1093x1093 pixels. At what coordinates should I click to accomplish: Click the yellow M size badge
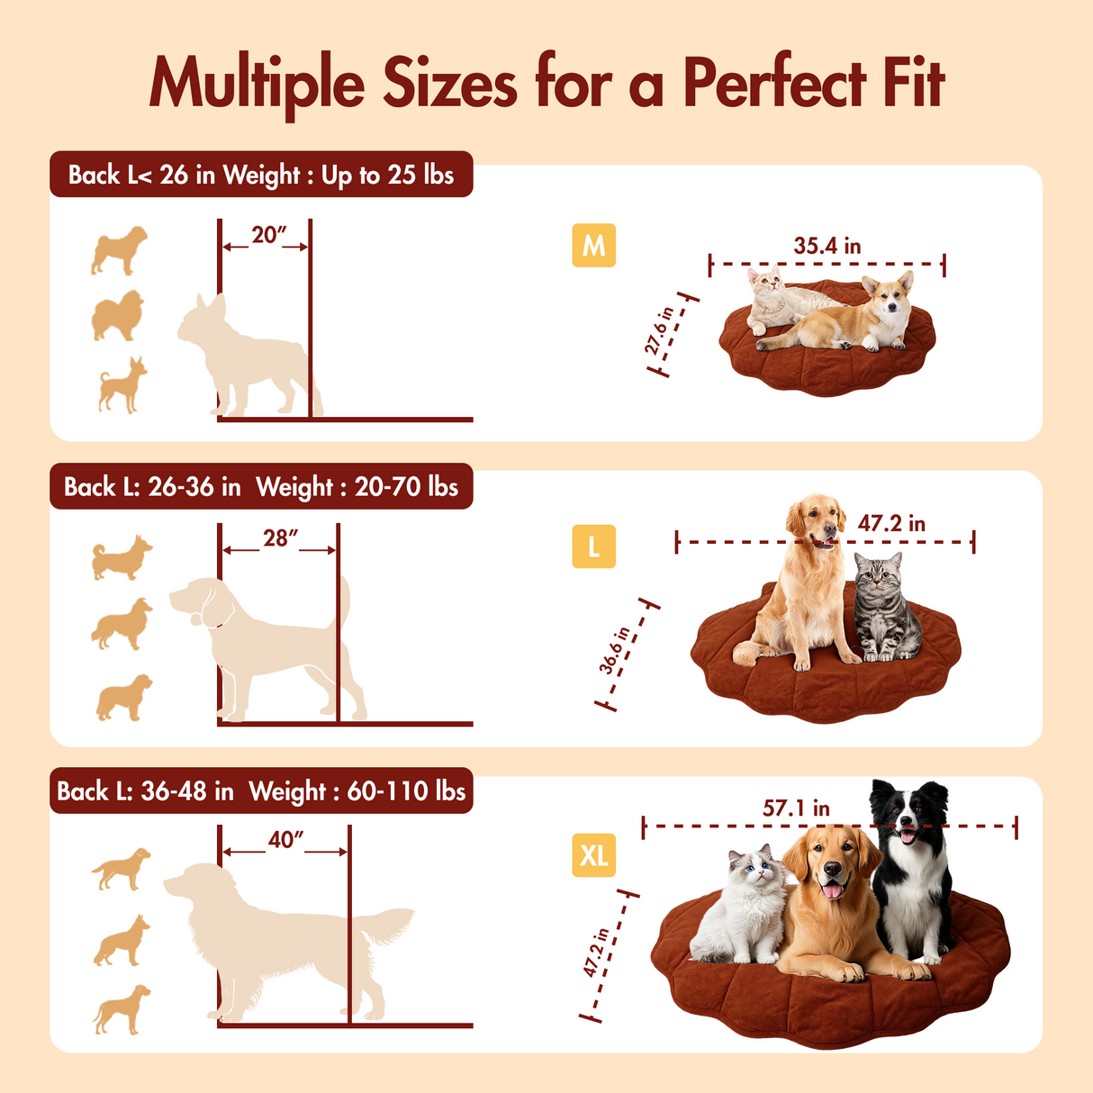pos(593,245)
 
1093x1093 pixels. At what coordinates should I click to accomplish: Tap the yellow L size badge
pos(593,546)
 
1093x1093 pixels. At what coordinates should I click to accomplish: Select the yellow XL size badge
pos(593,854)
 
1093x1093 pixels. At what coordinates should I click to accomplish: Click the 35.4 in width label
pos(827,246)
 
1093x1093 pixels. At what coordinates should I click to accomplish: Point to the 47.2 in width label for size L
pos(891,523)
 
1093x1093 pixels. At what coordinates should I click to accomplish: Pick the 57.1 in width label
pos(796,808)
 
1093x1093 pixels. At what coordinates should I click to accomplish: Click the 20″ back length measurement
pos(267,235)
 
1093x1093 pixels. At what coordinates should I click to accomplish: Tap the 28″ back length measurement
pos(279,538)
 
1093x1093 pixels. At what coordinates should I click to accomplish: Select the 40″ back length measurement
pos(285,840)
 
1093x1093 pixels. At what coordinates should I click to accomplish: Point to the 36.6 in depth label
pos(615,651)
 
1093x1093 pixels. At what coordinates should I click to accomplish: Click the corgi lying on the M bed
pos(855,320)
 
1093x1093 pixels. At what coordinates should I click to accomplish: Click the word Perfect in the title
pos(774,84)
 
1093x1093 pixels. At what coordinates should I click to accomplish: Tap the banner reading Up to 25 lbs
pos(386,175)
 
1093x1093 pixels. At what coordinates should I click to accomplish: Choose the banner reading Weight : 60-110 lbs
pos(357,791)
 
